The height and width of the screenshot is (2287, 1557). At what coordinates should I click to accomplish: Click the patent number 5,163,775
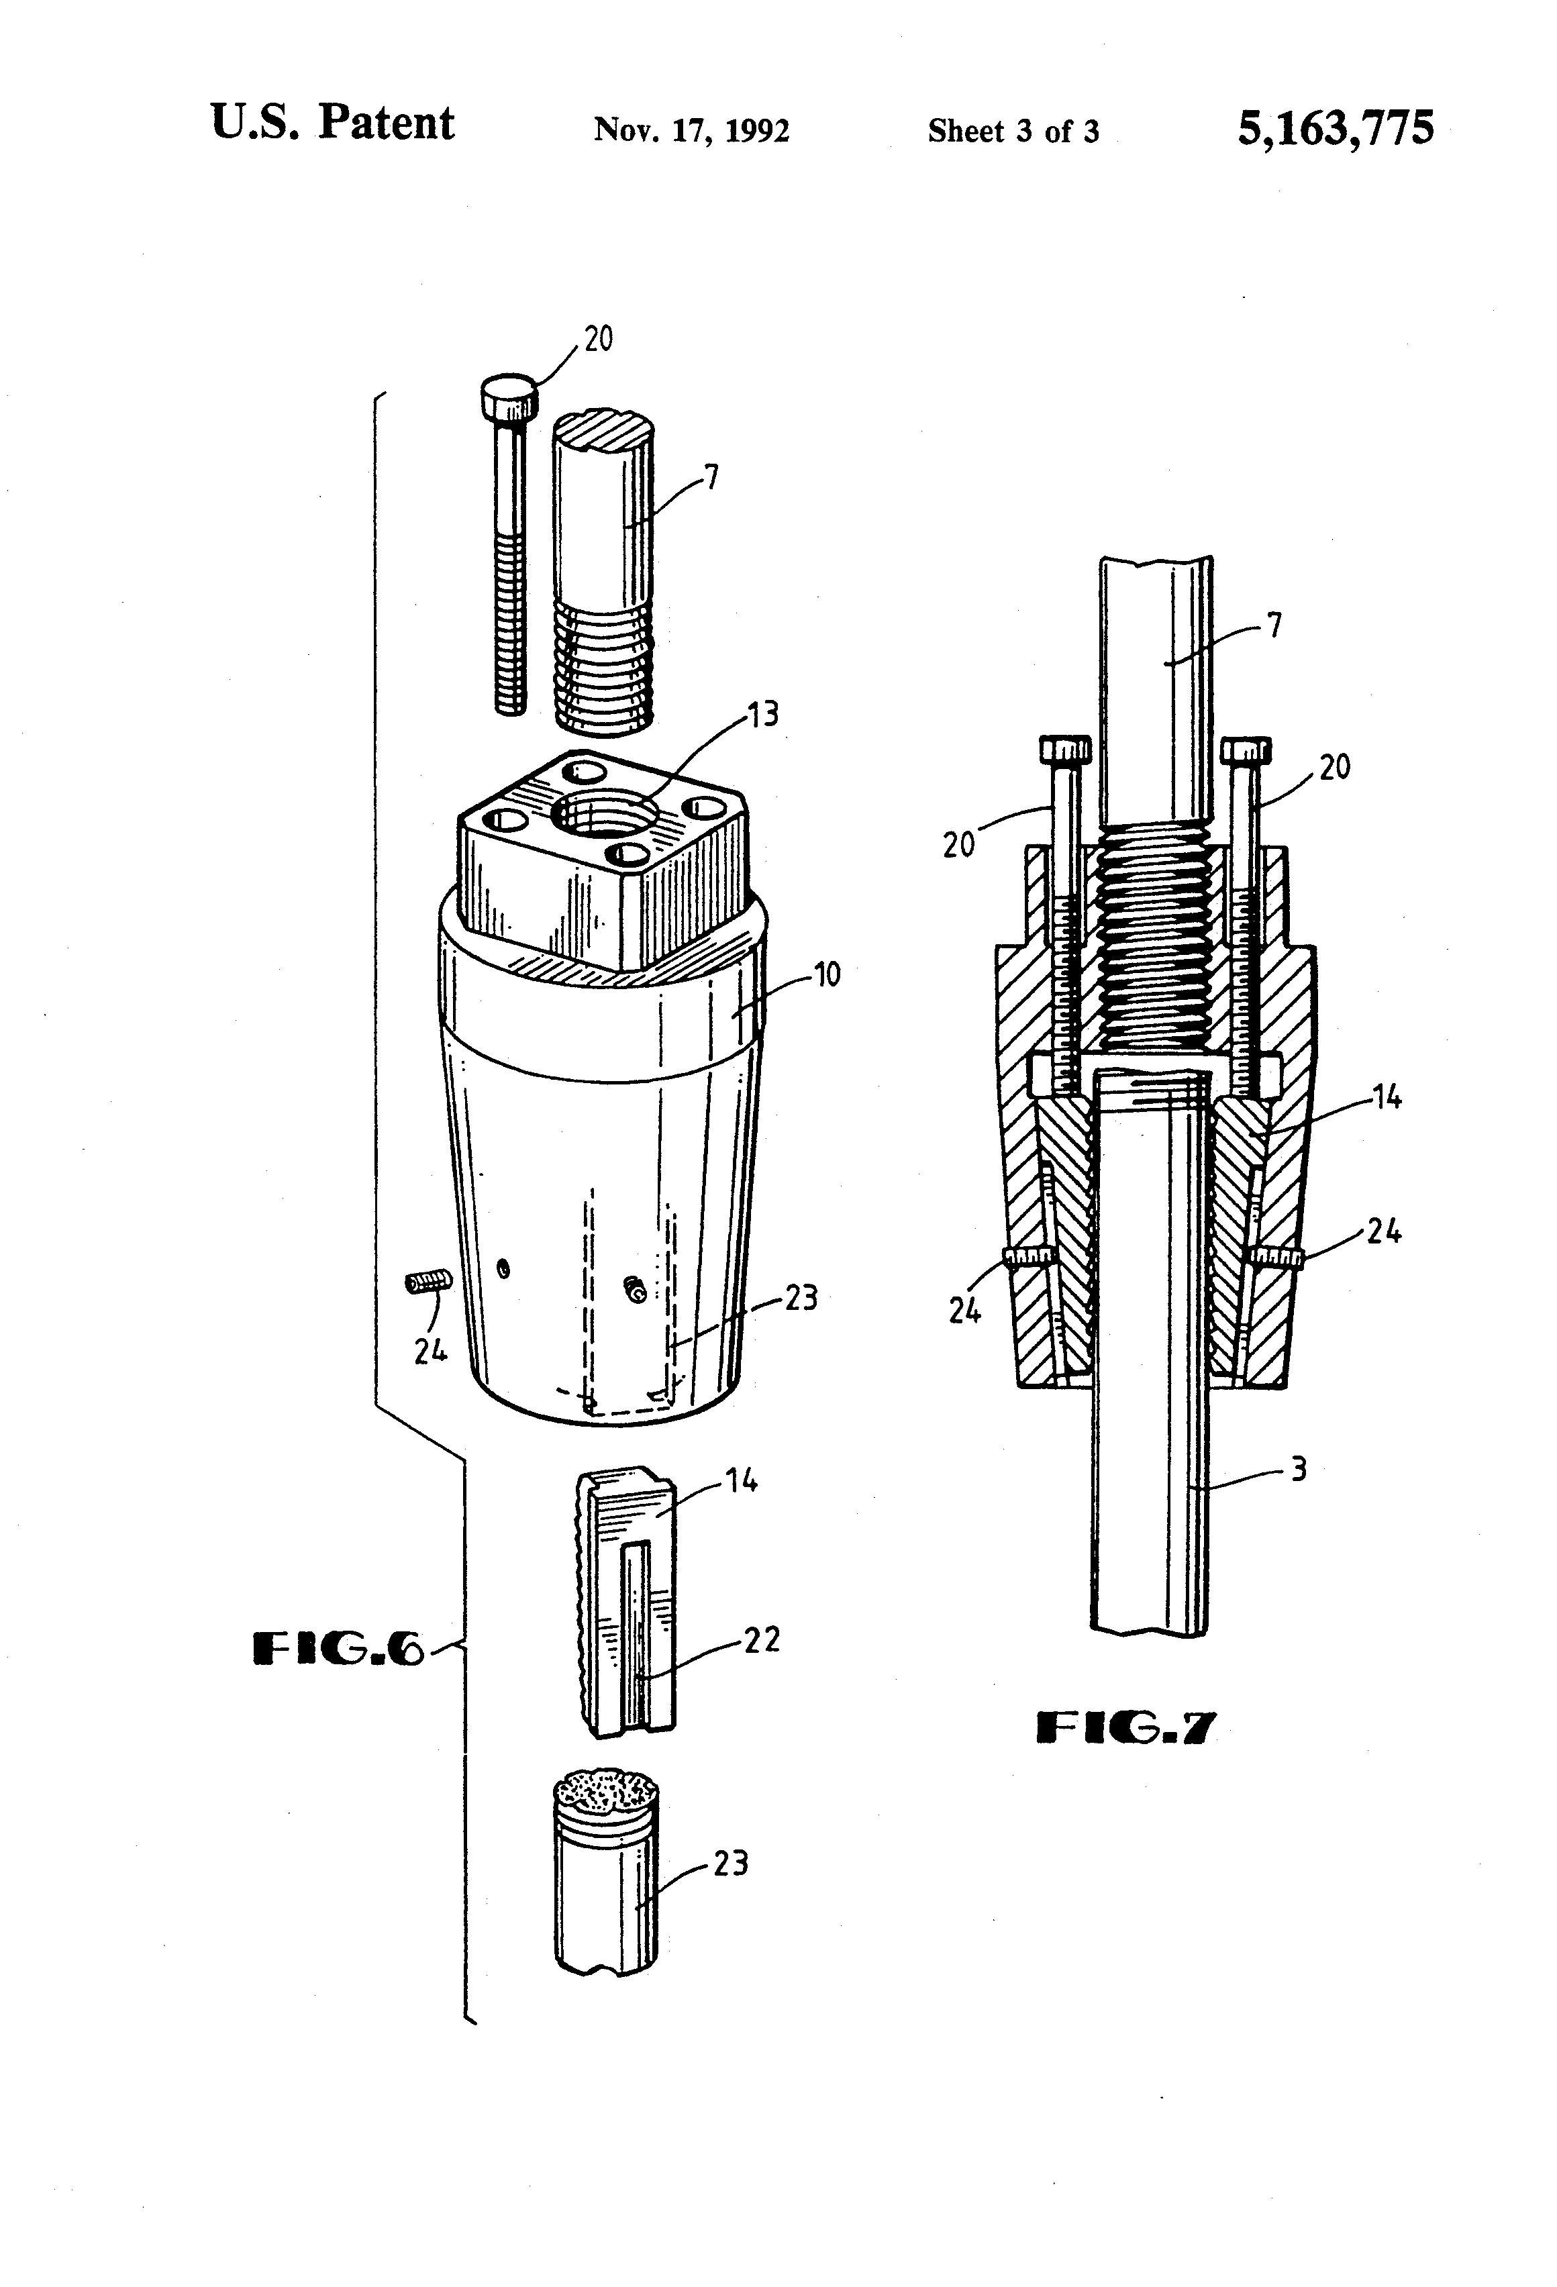1335,128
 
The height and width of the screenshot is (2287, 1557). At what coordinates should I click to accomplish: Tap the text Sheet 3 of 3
1013,131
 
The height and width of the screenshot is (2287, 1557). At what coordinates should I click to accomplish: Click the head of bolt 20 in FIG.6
509,397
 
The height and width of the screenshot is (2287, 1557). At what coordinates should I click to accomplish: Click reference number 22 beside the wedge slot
761,1639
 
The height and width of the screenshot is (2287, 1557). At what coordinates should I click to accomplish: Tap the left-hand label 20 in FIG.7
958,844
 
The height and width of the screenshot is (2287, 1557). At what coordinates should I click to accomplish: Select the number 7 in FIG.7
1274,625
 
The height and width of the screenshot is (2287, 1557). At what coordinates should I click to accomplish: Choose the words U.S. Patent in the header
333,124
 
